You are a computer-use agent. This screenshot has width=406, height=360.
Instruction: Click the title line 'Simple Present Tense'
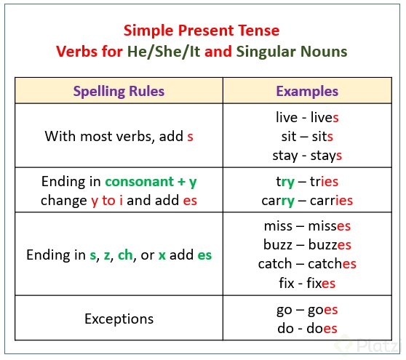(x=202, y=31)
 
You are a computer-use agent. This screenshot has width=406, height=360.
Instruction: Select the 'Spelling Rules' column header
(x=119, y=92)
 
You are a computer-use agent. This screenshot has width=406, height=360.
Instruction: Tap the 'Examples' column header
(x=307, y=92)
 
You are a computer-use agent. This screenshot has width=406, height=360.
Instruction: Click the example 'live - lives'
(x=307, y=116)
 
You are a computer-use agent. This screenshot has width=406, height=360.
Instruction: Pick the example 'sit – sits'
(x=307, y=136)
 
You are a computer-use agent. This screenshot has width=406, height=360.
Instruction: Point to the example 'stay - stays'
(x=307, y=155)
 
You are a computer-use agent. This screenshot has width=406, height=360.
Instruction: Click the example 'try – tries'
(x=307, y=181)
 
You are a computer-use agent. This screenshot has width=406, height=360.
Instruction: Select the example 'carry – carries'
(x=307, y=200)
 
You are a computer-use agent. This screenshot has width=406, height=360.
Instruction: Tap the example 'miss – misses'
(x=307, y=226)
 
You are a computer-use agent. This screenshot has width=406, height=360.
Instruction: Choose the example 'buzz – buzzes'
(x=307, y=245)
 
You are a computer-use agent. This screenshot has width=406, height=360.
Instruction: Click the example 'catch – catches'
(x=307, y=264)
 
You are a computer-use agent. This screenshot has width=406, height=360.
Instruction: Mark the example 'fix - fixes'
(x=307, y=283)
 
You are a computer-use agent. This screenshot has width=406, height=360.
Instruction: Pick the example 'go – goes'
(x=307, y=309)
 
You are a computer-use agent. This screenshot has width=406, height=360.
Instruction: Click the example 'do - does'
(x=307, y=328)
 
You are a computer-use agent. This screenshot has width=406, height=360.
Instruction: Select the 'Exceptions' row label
(x=119, y=319)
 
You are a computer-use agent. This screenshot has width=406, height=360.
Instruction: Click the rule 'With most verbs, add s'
(x=119, y=136)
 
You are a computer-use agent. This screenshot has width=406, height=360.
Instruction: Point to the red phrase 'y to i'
(x=107, y=200)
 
